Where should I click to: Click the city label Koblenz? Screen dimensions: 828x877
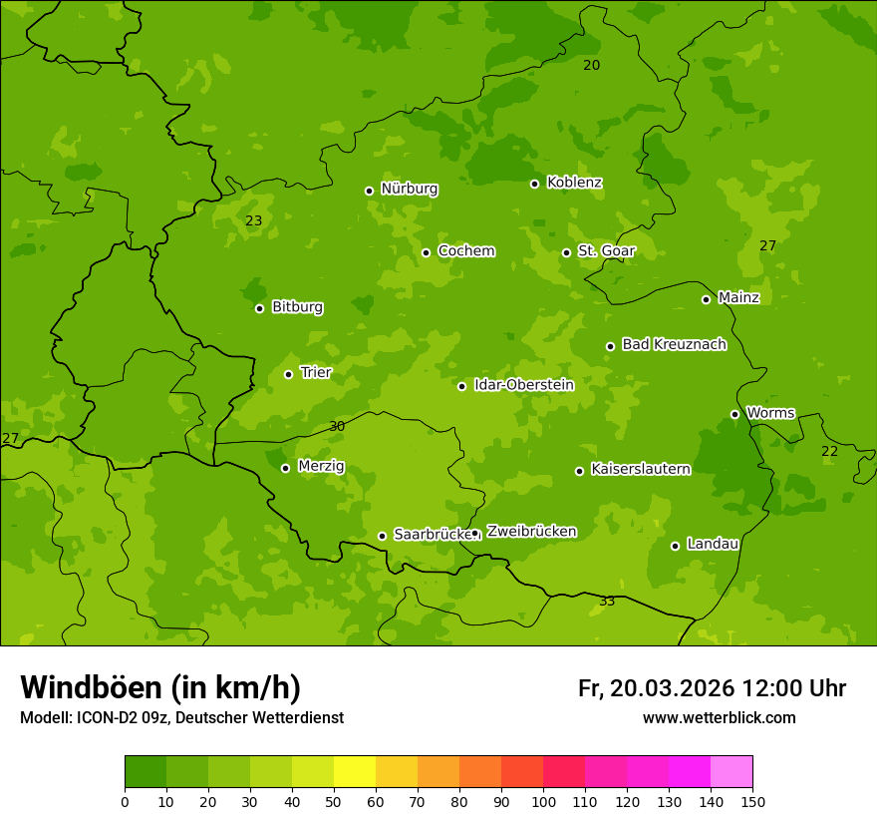point(574,183)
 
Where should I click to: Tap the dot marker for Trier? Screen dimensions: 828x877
point(289,374)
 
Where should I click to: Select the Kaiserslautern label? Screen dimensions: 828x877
point(640,469)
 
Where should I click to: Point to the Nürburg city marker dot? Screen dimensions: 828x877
point(369,191)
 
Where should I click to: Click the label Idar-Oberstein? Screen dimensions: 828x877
point(523,385)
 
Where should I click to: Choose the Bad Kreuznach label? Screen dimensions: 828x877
point(674,344)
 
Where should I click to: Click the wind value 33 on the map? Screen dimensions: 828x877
point(607,601)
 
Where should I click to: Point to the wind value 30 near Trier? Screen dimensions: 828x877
point(337,426)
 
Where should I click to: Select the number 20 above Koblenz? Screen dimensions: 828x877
point(592,65)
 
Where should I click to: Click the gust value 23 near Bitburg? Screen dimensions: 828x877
point(254,220)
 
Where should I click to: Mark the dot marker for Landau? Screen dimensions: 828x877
point(675,546)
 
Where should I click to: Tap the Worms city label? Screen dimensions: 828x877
point(770,412)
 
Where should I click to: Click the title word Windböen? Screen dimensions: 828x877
point(90,687)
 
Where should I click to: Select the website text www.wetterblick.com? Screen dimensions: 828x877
point(719,717)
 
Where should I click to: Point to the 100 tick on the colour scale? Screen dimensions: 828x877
point(543,800)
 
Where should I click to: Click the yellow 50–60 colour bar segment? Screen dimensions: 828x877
point(355,772)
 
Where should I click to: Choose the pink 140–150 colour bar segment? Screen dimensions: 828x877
point(731,772)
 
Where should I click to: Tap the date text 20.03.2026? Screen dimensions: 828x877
point(672,688)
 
